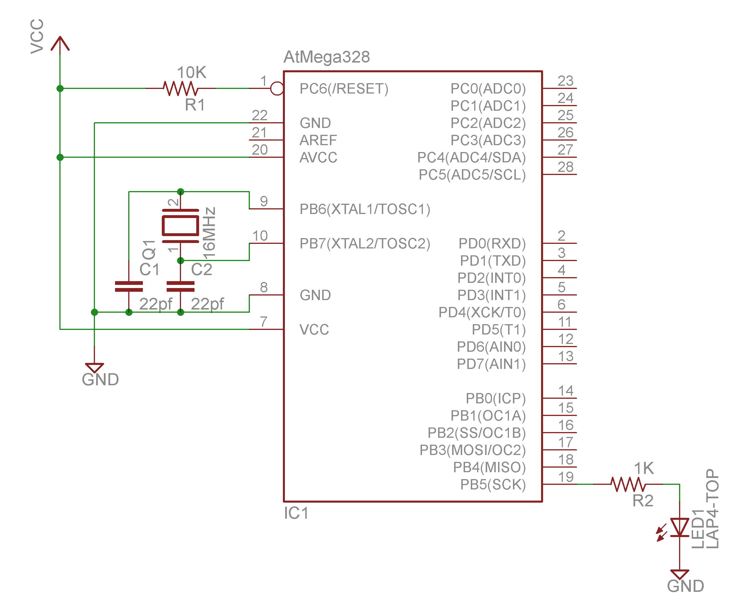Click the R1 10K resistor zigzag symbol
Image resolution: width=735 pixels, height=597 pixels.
pyautogui.click(x=180, y=88)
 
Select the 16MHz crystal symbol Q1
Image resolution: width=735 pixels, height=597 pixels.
pyautogui.click(x=180, y=225)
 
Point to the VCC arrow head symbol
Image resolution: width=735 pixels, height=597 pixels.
pyautogui.click(x=60, y=43)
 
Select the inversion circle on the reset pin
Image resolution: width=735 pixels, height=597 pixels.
pyautogui.click(x=277, y=88)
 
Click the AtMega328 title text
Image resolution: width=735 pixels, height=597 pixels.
pyautogui.click(x=326, y=57)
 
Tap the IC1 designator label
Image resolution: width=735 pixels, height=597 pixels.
pyautogui.click(x=296, y=514)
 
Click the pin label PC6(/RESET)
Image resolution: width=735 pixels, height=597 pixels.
pyautogui.click(x=344, y=89)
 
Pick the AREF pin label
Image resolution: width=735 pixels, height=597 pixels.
pyautogui.click(x=318, y=140)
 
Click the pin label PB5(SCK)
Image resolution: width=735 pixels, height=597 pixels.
pyautogui.click(x=493, y=485)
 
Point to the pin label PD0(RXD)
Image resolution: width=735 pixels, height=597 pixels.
pyautogui.click(x=492, y=244)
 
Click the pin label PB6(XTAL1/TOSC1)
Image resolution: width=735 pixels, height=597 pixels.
pyautogui.click(x=365, y=209)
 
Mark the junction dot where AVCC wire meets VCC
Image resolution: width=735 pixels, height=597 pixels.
pyautogui.click(x=60, y=157)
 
